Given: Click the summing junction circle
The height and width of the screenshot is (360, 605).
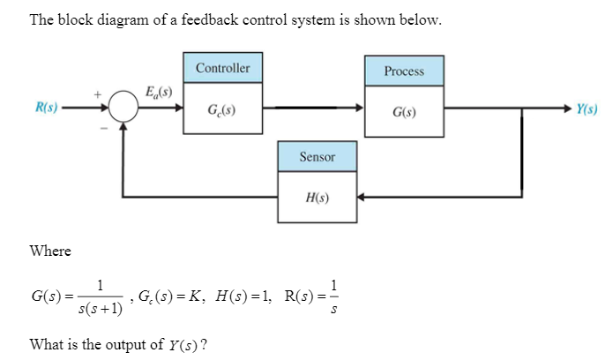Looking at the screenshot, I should pos(123,109).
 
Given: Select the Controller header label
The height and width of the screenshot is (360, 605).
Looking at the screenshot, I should pos(222,68).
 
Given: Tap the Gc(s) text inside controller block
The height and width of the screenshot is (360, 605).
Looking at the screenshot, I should pos(220,110).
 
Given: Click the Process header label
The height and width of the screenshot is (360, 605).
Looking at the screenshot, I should pos(404,71).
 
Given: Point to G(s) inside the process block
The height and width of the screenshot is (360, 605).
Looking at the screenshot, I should pos(404,113).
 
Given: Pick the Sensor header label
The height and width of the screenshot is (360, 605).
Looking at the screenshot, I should pos(317,156).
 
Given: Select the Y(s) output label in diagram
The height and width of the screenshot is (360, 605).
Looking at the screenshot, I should pos(587,109).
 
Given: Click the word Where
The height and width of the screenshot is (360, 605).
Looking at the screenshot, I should pos(50,251).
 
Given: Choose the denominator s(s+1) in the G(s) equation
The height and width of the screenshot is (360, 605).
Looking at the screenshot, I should pos(99,309).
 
